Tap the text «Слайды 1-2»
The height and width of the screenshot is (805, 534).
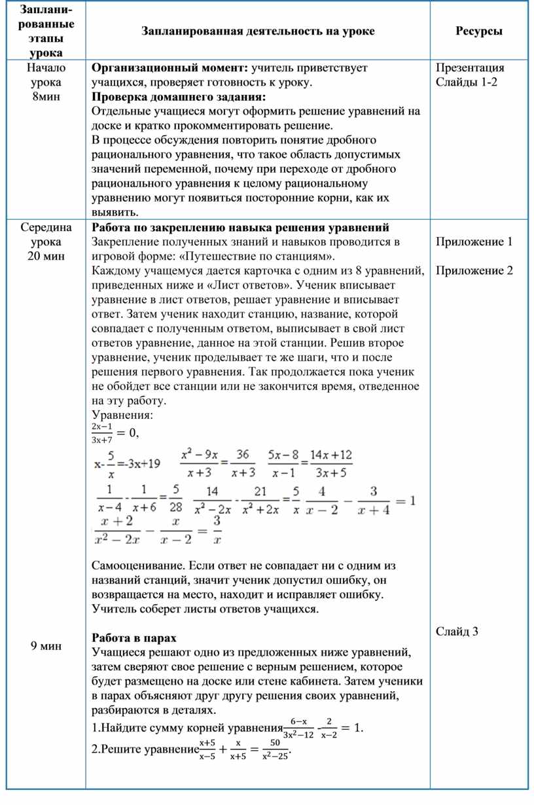468,82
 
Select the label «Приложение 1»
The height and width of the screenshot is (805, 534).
474,242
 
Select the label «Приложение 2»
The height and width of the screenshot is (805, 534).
474,271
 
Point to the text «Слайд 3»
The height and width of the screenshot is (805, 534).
457,632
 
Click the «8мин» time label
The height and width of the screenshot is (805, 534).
45,96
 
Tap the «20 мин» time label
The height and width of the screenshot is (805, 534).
46,256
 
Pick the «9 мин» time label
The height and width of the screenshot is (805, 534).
46,646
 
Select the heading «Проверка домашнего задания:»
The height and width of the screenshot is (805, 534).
179,96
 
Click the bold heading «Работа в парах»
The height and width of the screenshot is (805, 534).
134,637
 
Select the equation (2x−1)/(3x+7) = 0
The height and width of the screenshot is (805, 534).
115,433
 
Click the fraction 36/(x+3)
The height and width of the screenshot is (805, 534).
243,463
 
